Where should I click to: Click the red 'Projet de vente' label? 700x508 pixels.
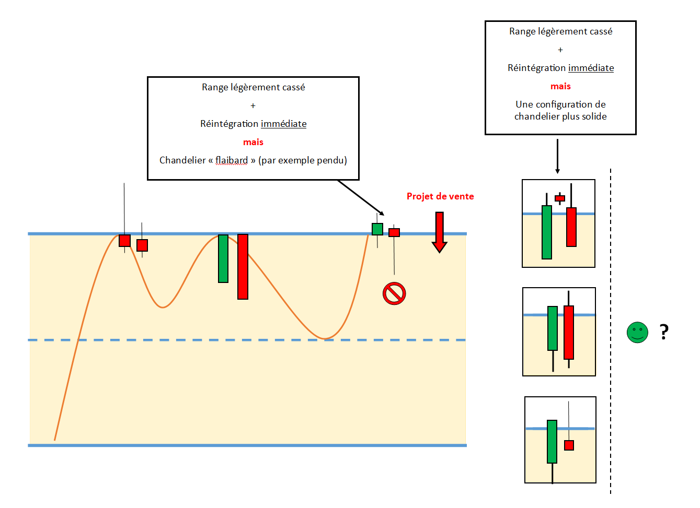[440, 196]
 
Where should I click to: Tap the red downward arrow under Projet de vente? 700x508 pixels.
[439, 232]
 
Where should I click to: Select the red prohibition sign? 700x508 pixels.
[394, 293]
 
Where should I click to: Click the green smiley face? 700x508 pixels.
[637, 333]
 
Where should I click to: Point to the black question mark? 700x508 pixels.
[664, 332]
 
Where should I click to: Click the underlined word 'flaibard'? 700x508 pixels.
[231, 160]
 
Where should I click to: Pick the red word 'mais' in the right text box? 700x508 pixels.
[560, 86]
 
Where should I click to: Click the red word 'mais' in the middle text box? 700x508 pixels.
[253, 142]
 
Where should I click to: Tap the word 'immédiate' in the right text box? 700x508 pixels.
[591, 68]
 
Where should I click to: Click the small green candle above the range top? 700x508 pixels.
[377, 229]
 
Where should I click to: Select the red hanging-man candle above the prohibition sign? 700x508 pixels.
[394, 232]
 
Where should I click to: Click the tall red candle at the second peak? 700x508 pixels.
[243, 266]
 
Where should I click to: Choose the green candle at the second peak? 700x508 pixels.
[223, 258]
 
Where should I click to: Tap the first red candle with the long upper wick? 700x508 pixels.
[124, 241]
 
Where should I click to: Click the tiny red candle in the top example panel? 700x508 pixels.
[560, 198]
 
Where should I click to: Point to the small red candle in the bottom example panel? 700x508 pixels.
[569, 445]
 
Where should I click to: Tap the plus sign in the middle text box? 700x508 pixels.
[253, 106]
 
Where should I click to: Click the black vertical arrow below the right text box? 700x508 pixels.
[557, 156]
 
